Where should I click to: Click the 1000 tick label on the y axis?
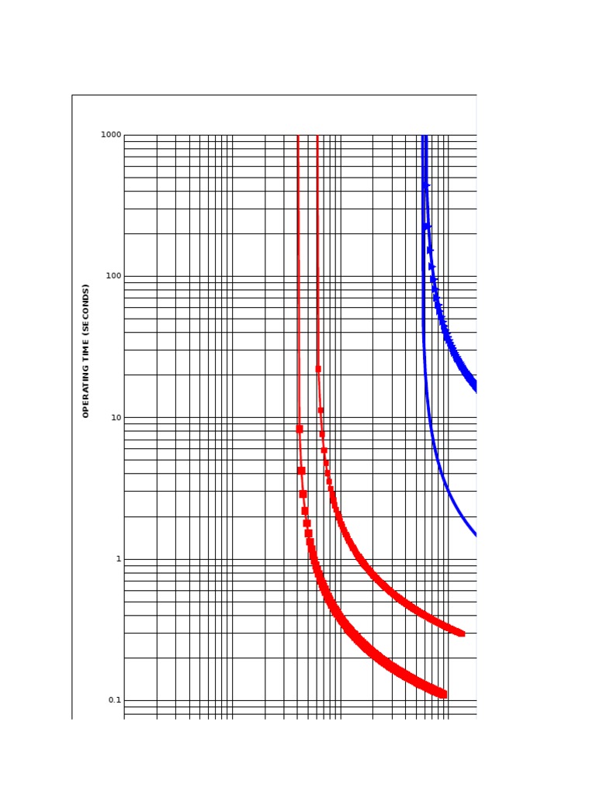[111, 135]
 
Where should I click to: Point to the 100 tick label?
[113, 276]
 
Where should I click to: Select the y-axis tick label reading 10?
[116, 417]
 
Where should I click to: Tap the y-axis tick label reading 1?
[118, 559]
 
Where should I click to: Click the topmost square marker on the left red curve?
[300, 429]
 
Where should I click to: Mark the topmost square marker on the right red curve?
[318, 369]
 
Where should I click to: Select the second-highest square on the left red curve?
[301, 471]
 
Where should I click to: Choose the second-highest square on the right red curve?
[321, 410]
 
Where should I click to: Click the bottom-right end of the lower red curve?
[443, 695]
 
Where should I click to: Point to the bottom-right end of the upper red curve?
[462, 633]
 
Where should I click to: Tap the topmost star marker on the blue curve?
[425, 185]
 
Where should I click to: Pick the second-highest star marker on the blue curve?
[428, 226]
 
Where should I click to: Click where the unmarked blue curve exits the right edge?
[476, 535]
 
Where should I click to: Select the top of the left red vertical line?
[298, 136]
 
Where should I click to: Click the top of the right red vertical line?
[317, 136]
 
